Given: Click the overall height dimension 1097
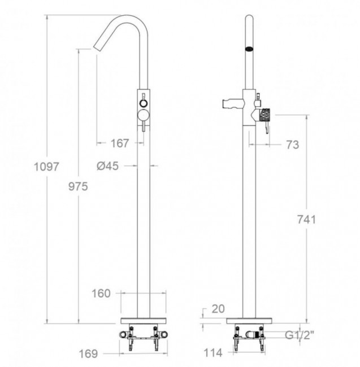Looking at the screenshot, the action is [46, 167].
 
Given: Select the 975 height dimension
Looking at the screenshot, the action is [78, 186].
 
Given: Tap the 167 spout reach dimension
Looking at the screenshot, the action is [120, 143].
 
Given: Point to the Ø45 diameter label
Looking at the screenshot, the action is [108, 166].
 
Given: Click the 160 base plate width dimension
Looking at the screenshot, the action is [101, 293].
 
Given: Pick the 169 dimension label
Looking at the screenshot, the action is [88, 353].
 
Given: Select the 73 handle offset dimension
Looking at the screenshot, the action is [293, 145].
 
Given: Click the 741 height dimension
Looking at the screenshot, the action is [307, 220].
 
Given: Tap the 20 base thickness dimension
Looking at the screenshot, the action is [218, 309].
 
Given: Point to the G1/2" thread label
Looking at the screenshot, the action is [299, 335].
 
